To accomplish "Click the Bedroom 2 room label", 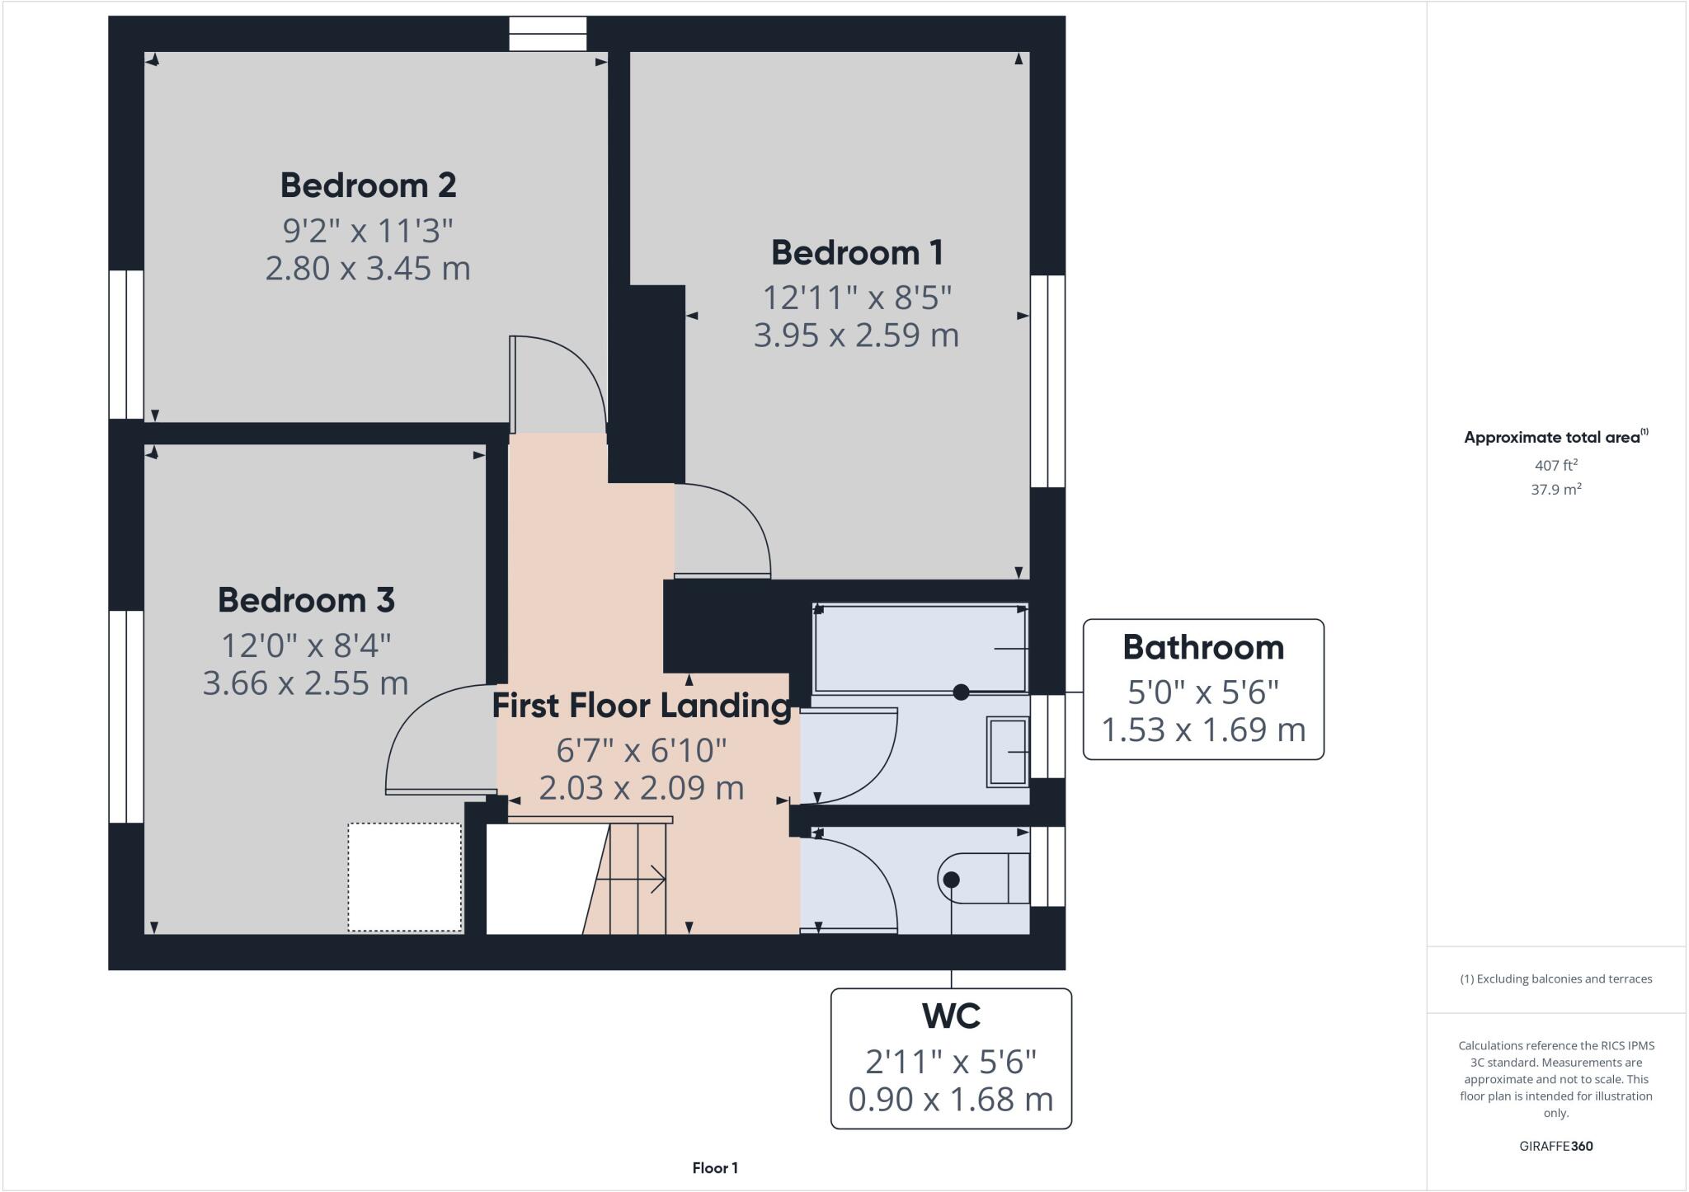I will [x=368, y=185].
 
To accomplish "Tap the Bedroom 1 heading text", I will [x=856, y=253].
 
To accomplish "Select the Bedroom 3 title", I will [x=306, y=600].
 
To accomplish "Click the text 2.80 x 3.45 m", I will [x=368, y=269].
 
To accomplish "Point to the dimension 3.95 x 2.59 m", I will [x=856, y=336].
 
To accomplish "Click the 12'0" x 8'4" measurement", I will [x=306, y=645].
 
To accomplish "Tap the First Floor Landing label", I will [x=642, y=706].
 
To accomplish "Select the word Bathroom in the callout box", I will [x=1202, y=648].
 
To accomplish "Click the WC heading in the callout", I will [x=951, y=1016].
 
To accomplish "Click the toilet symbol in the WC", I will [x=981, y=879].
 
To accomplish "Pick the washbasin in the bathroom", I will [x=1008, y=752].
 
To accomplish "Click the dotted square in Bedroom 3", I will [x=404, y=877].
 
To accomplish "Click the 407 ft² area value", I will [x=1555, y=465].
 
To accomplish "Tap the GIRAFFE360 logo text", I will [x=1555, y=1146].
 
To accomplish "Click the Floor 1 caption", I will [x=714, y=1168].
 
